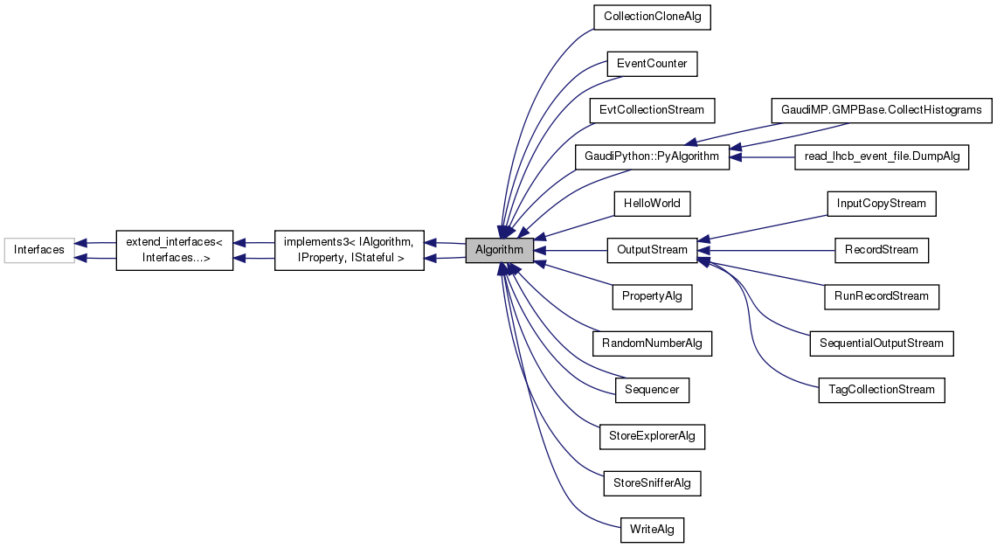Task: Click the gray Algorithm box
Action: (499, 251)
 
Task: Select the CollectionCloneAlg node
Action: (651, 17)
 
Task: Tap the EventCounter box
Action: (652, 64)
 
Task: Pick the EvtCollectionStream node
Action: (652, 111)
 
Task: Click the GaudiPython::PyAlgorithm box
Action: (652, 157)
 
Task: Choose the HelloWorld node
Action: (652, 204)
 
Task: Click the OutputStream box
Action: (652, 250)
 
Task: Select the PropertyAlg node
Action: (652, 296)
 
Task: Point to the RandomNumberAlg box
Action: (652, 343)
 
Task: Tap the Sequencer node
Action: (652, 390)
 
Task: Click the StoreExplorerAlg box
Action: (652, 436)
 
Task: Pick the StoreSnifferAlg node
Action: (652, 482)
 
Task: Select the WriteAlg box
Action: (652, 529)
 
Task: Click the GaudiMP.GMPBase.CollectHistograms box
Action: (881, 111)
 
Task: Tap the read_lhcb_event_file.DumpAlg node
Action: (881, 157)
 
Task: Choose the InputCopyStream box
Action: (881, 204)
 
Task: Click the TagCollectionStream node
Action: (881, 390)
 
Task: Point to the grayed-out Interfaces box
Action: (39, 250)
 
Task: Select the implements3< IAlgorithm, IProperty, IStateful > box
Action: (350, 251)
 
